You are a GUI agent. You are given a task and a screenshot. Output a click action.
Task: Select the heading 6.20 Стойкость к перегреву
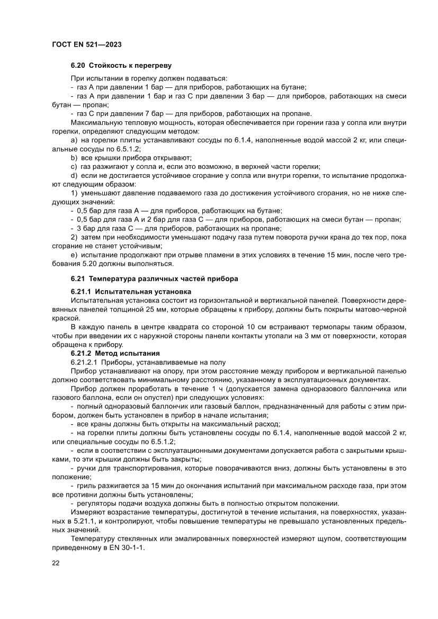coord(121,65)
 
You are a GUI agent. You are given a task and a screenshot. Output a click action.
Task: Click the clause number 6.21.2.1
coord(84,362)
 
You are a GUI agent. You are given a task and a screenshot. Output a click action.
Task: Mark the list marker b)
coord(74,158)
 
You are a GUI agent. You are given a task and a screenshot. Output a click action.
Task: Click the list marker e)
coord(74,255)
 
